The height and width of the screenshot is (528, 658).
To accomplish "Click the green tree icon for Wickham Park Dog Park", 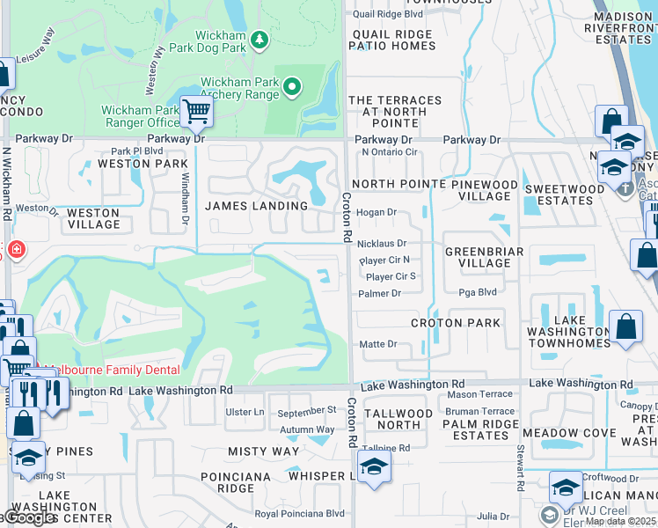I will [259, 40].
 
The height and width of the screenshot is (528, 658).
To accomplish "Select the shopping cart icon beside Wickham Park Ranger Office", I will [196, 111].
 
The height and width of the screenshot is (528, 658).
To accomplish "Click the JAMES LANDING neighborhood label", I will [257, 206].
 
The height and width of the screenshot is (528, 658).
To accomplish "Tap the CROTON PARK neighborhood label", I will [456, 323].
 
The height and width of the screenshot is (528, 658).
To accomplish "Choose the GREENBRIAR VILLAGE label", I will [484, 257].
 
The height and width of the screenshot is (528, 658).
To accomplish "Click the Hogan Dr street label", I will [377, 212].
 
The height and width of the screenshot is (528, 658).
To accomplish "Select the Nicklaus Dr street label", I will [383, 244].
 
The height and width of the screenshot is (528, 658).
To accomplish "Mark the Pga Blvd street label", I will [479, 292].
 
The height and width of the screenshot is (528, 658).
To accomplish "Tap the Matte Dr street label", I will [379, 345].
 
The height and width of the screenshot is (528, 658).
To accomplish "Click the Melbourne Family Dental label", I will [113, 370].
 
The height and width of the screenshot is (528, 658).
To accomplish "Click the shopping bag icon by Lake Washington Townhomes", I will [625, 326].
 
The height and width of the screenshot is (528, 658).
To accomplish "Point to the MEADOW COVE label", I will [569, 433].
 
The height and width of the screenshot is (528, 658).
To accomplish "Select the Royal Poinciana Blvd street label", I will [300, 514].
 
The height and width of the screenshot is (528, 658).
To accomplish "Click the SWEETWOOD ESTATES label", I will [565, 194].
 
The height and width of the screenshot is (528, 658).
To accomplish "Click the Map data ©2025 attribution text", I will [620, 521].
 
